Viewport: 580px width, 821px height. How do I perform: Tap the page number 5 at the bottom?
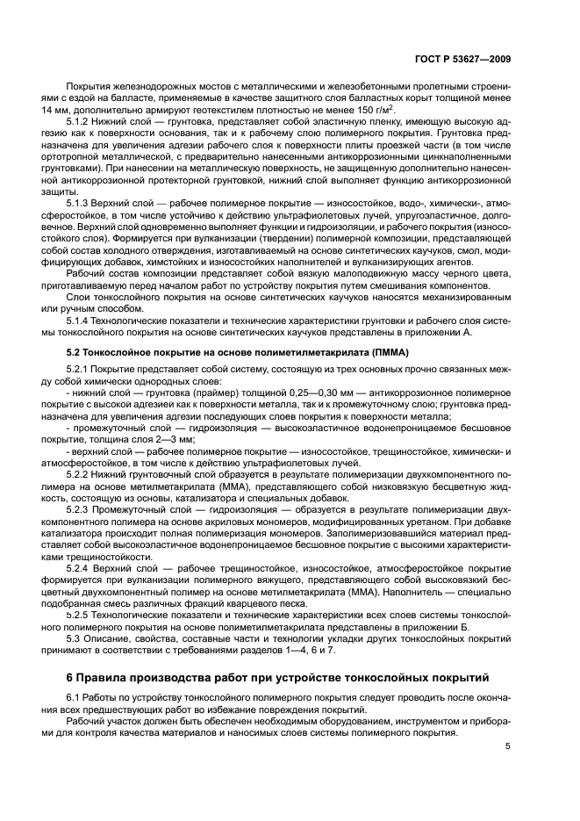click(x=508, y=746)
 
